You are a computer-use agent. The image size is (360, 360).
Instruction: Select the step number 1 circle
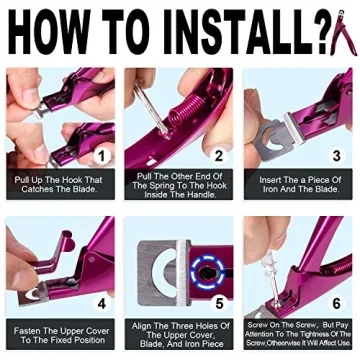[99, 156]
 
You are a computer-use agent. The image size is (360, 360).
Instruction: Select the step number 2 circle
[219, 156]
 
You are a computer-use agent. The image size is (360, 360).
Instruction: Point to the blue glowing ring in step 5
[209, 268]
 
